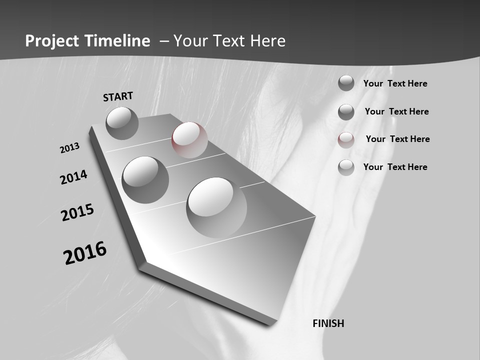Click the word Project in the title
click(52, 41)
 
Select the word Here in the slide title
click(268, 41)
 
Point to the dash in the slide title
click(164, 41)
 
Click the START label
click(118, 96)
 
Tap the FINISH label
click(328, 323)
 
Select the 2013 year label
click(69, 147)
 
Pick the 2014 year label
click(73, 177)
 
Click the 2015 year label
click(77, 212)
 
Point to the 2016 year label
click(85, 252)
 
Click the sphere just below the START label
click(122, 123)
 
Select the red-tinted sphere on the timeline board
click(189, 140)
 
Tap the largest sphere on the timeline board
click(216, 207)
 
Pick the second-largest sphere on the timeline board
click(145, 179)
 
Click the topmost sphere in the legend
click(346, 83)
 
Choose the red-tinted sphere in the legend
click(346, 140)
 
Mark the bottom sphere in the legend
click(346, 167)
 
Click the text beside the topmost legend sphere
click(395, 83)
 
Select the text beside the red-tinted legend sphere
click(397, 139)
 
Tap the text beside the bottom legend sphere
click(395, 167)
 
